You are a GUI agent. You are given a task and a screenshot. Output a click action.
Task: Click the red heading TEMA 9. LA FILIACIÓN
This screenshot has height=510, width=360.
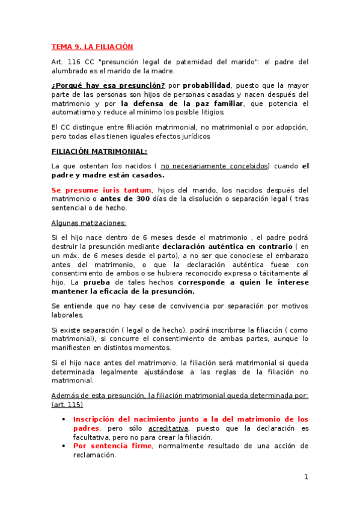tap(92, 46)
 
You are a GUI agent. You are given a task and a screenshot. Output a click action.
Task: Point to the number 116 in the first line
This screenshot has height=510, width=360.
tap(75, 61)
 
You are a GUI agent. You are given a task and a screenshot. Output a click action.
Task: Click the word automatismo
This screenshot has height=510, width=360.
tap(74, 112)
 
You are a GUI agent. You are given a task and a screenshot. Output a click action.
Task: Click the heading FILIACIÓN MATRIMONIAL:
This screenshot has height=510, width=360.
tap(99, 151)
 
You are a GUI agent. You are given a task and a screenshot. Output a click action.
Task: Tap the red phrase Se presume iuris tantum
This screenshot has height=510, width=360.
tap(100, 190)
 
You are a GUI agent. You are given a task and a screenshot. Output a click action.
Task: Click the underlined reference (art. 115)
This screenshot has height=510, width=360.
tap(67, 405)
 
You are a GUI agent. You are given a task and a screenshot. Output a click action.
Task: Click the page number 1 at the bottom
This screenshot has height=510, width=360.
tap(306, 478)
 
